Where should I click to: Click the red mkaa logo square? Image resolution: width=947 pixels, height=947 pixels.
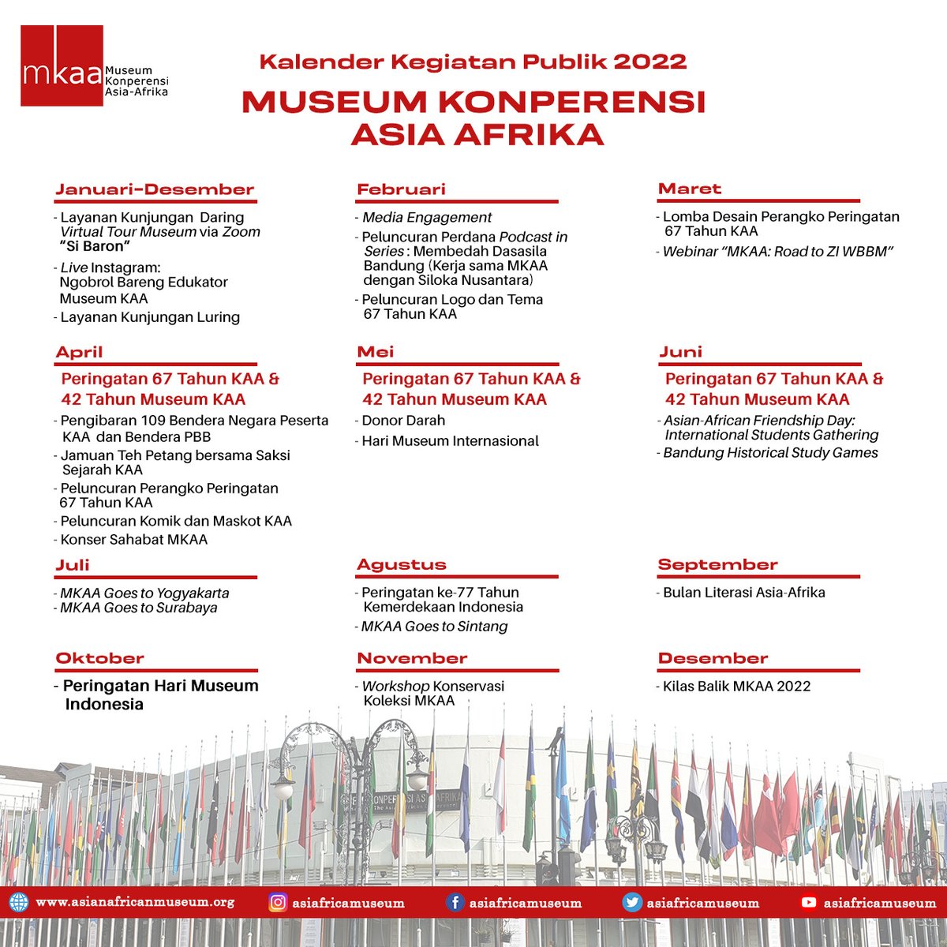62,66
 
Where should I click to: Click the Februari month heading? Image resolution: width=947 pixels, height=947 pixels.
401,189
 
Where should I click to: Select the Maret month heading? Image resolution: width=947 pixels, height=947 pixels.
690,189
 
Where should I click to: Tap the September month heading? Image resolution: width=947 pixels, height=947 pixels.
717,564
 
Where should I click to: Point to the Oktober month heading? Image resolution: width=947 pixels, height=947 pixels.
99,658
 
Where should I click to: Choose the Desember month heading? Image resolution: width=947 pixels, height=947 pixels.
713,658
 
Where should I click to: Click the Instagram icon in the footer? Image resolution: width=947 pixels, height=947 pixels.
278,902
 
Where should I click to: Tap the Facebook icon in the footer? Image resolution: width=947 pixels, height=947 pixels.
455,902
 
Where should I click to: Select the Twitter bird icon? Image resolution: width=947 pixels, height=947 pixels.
632,902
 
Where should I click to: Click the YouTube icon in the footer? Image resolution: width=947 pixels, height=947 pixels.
809,902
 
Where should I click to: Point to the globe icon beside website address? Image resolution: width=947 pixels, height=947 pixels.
19,902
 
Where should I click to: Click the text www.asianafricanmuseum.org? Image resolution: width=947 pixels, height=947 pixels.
135,902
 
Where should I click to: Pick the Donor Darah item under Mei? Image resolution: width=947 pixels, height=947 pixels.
403,421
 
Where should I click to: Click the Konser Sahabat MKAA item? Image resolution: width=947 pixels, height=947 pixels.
134,540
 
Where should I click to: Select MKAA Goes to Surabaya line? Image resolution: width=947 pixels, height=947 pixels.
139,608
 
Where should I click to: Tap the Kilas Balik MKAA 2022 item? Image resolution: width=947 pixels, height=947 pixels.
736,686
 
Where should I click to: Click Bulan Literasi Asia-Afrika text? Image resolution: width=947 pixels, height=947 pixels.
743,592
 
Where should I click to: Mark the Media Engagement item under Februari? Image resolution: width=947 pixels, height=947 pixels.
427,217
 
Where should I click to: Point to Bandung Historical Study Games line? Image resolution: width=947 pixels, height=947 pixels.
770,452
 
